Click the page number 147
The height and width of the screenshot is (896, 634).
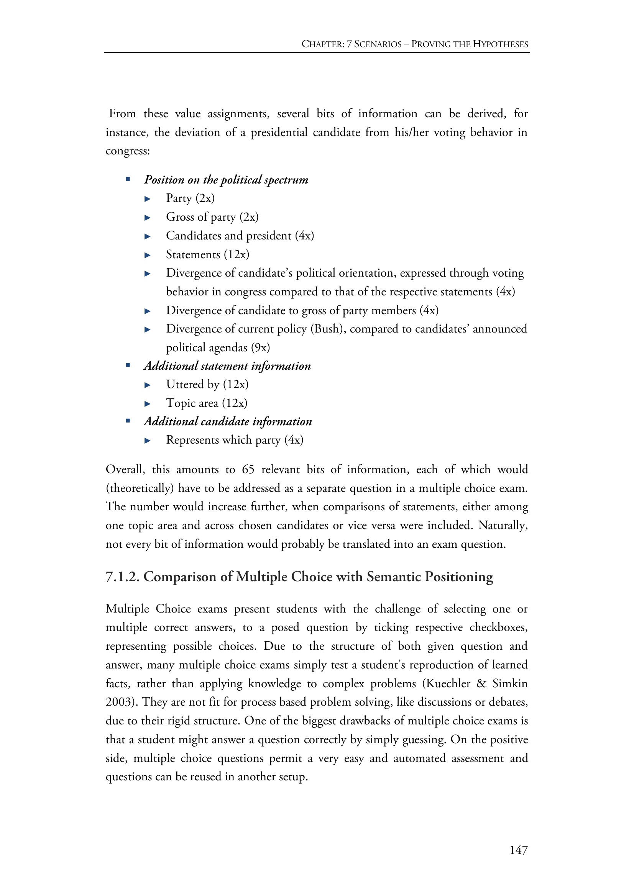coord(519,850)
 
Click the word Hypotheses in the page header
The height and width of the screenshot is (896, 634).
coord(500,44)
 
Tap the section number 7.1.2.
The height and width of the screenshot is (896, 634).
coord(123,577)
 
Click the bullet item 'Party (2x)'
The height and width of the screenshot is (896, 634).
coord(190,198)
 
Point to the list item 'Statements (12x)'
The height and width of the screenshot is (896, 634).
coord(207,254)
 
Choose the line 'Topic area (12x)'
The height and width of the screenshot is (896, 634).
coord(207,403)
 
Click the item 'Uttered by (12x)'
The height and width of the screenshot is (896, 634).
coord(207,384)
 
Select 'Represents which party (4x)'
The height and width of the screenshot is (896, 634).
coord(235,440)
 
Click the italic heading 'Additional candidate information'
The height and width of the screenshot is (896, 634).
coord(228,421)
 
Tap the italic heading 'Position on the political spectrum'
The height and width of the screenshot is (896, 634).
coord(226,180)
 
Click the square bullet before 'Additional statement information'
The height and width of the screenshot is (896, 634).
coord(128,366)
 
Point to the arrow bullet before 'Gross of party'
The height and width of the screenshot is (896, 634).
coord(148,217)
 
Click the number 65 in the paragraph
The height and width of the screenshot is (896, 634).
coord(248,469)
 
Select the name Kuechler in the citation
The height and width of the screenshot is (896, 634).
coord(448,684)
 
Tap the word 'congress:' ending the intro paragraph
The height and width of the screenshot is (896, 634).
coord(128,151)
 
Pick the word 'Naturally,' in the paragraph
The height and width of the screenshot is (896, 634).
coord(503,525)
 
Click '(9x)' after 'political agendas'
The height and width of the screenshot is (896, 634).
coord(260,348)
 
